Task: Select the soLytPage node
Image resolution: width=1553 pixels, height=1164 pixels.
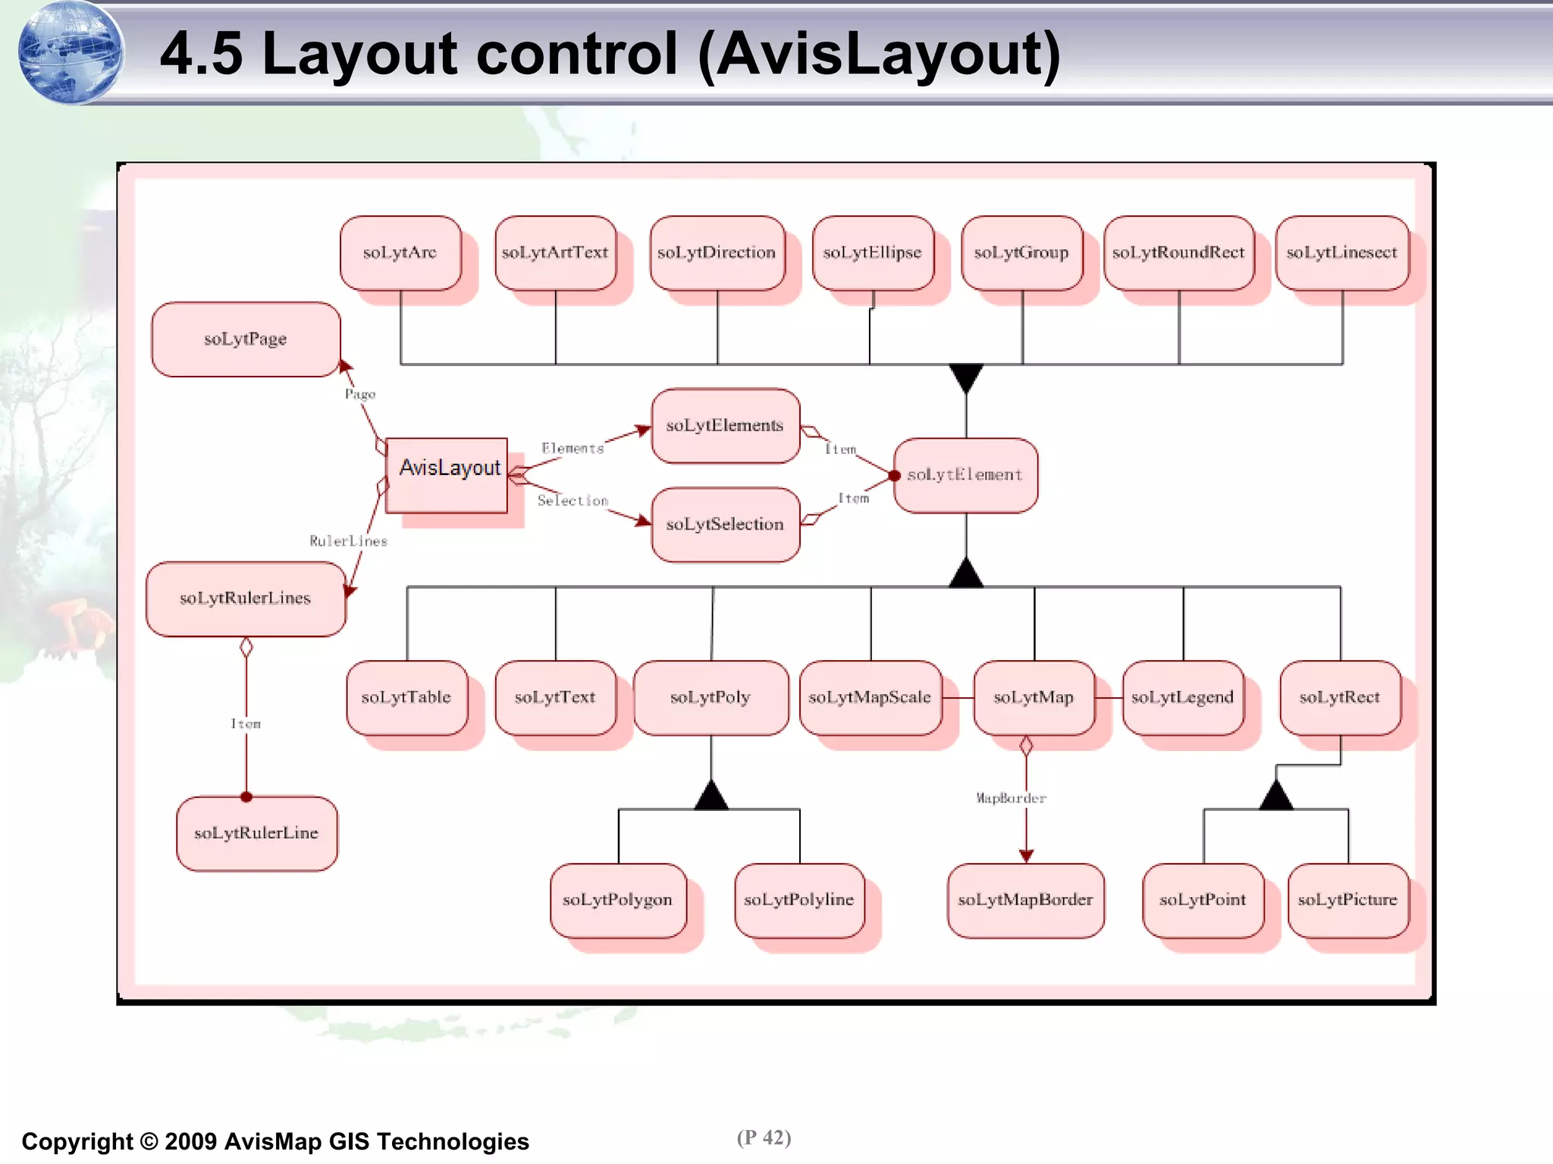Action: [246, 339]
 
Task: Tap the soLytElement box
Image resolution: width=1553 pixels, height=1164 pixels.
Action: [965, 475]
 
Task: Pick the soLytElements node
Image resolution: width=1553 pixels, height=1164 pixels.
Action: [725, 426]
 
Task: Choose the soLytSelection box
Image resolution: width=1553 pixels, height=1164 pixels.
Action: [725, 524]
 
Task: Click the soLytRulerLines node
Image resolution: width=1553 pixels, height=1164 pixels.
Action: [246, 599]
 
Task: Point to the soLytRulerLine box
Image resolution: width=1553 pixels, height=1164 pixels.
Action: [256, 833]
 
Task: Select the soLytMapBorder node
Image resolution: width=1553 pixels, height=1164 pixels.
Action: [1025, 900]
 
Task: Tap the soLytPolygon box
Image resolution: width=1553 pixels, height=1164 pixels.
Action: [618, 900]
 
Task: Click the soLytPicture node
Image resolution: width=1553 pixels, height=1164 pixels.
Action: [1348, 900]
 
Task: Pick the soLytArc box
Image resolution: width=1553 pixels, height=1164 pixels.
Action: [400, 253]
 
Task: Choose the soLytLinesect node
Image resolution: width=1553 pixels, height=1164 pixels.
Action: [1341, 253]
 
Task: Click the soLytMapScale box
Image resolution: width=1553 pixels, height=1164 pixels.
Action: [870, 697]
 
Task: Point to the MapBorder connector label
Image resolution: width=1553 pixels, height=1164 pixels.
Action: [1011, 798]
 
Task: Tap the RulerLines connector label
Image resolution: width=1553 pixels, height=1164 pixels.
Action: [348, 541]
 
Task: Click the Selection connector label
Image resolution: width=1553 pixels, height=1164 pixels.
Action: [573, 501]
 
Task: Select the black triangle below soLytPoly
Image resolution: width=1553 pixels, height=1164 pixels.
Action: [711, 796]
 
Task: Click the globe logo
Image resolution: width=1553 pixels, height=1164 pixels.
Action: [70, 52]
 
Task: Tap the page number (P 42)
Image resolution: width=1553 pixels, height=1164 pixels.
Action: [764, 1137]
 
